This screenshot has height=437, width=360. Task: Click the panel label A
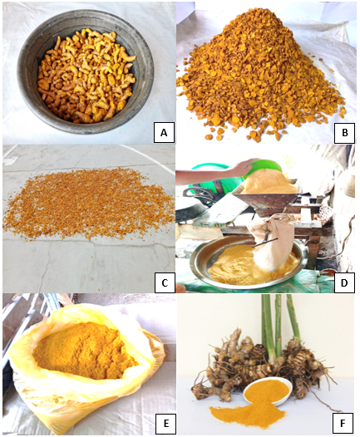point(164,132)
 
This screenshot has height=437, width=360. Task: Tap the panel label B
point(345,132)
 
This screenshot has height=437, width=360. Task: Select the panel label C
point(165,282)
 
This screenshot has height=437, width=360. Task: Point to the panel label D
point(344,282)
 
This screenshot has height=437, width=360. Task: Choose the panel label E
point(165,423)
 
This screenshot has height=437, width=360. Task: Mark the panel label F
point(343,423)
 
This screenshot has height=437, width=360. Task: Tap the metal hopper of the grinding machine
point(266,202)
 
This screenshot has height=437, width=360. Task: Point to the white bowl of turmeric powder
point(268,390)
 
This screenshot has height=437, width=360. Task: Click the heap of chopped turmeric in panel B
point(261,81)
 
